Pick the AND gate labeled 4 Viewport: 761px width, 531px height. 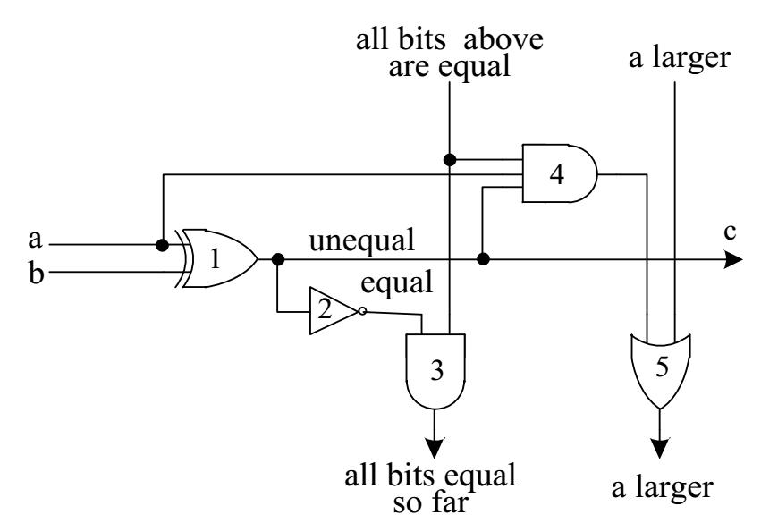[560, 174]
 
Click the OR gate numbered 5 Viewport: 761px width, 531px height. [658, 370]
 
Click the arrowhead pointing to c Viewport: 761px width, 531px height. [733, 259]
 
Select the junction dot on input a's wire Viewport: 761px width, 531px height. [162, 245]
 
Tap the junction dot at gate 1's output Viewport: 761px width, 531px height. [278, 259]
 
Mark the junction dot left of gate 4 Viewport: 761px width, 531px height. [450, 160]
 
